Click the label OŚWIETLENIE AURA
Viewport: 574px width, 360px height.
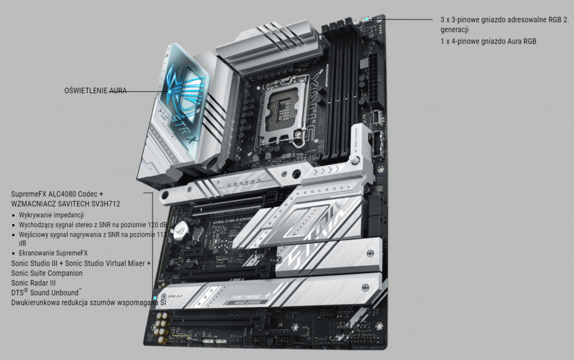pyautogui.click(x=95, y=91)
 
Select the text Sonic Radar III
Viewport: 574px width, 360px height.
pyautogui.click(x=33, y=283)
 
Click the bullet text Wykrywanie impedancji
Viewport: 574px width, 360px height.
pyautogui.click(x=51, y=215)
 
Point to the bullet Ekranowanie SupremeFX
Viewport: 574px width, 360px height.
pyautogui.click(x=53, y=252)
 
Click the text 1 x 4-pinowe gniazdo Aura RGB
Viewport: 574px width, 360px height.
pyautogui.click(x=488, y=42)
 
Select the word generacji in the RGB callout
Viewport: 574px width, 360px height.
pyautogui.click(x=454, y=29)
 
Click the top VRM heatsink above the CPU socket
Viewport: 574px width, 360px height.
pyautogui.click(x=266, y=48)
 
